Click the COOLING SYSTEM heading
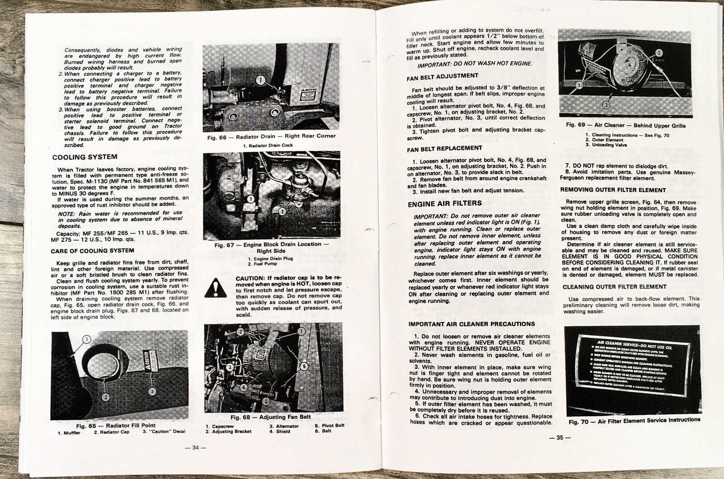point(85,157)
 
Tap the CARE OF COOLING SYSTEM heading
point(92,250)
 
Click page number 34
point(195,447)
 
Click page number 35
point(560,437)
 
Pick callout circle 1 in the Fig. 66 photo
point(261,80)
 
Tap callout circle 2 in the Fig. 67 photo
point(282,211)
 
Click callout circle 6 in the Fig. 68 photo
point(304,366)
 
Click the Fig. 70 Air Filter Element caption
point(634,420)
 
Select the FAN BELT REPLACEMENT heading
point(444,148)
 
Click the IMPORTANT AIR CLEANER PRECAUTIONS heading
point(472,324)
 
